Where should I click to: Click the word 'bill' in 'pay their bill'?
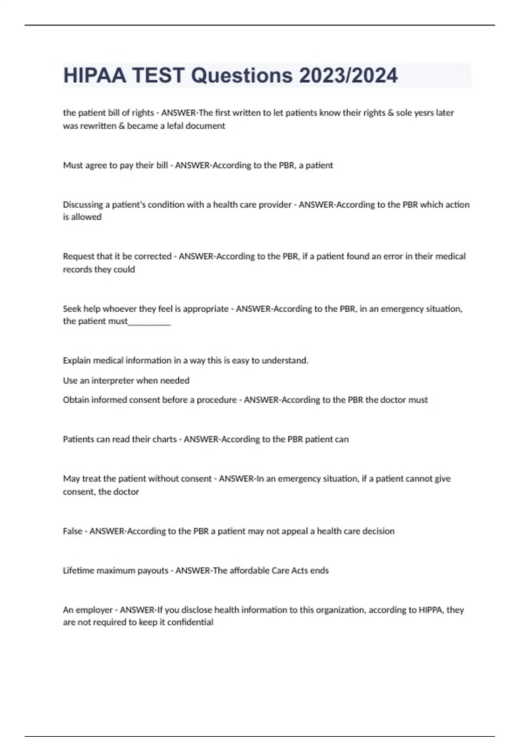tap(161, 165)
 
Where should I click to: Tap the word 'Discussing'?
tap(83, 205)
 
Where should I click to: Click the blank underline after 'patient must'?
tap(149, 322)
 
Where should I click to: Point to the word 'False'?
tap(72, 531)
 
